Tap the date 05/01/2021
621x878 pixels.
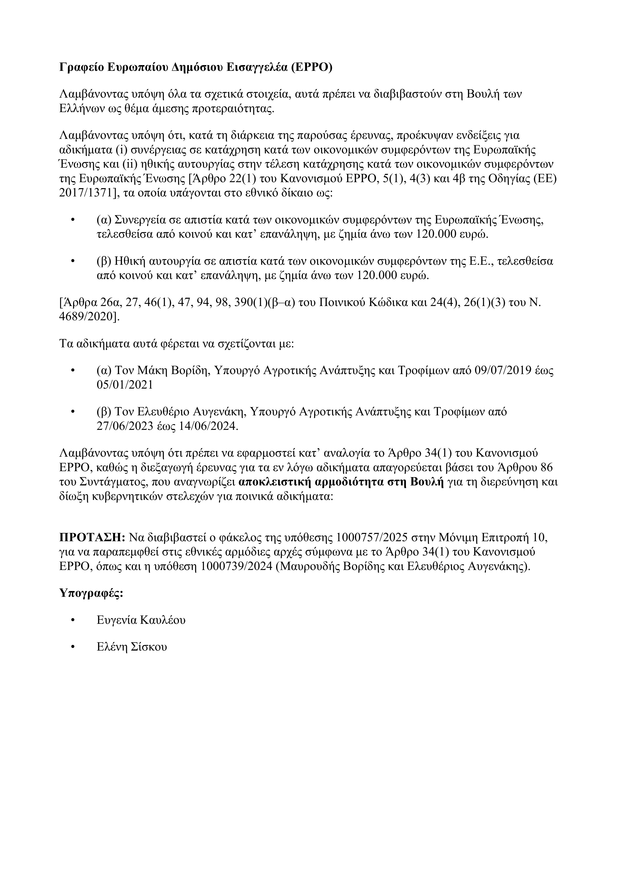tap(125, 385)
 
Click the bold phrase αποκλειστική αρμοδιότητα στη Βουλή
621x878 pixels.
tap(340, 482)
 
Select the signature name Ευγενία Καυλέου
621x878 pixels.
tap(141, 620)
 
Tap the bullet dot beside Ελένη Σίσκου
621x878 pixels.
tap(73, 647)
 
